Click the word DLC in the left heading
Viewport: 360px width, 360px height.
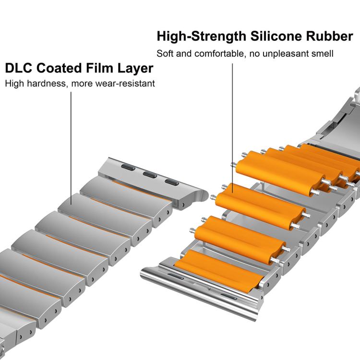tap(19, 68)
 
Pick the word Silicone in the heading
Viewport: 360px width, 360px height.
tap(268, 36)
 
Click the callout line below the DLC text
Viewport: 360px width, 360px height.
tap(72, 144)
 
